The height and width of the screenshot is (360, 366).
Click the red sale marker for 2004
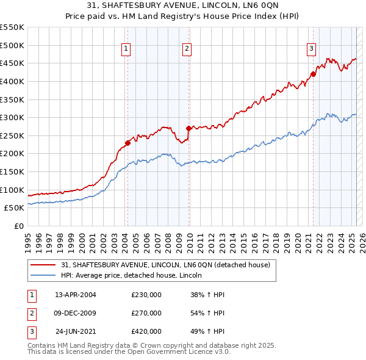pyautogui.click(x=127, y=143)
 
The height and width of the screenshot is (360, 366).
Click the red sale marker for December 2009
pyautogui.click(x=188, y=129)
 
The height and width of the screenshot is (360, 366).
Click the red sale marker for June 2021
pyautogui.click(x=313, y=74)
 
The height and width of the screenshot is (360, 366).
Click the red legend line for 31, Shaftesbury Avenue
pyautogui.click(x=44, y=264)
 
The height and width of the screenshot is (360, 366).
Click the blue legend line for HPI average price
pyautogui.click(x=44, y=275)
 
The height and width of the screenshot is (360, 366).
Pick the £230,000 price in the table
pyautogui.click(x=146, y=295)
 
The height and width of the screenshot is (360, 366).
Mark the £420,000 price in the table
pyautogui.click(x=146, y=331)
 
